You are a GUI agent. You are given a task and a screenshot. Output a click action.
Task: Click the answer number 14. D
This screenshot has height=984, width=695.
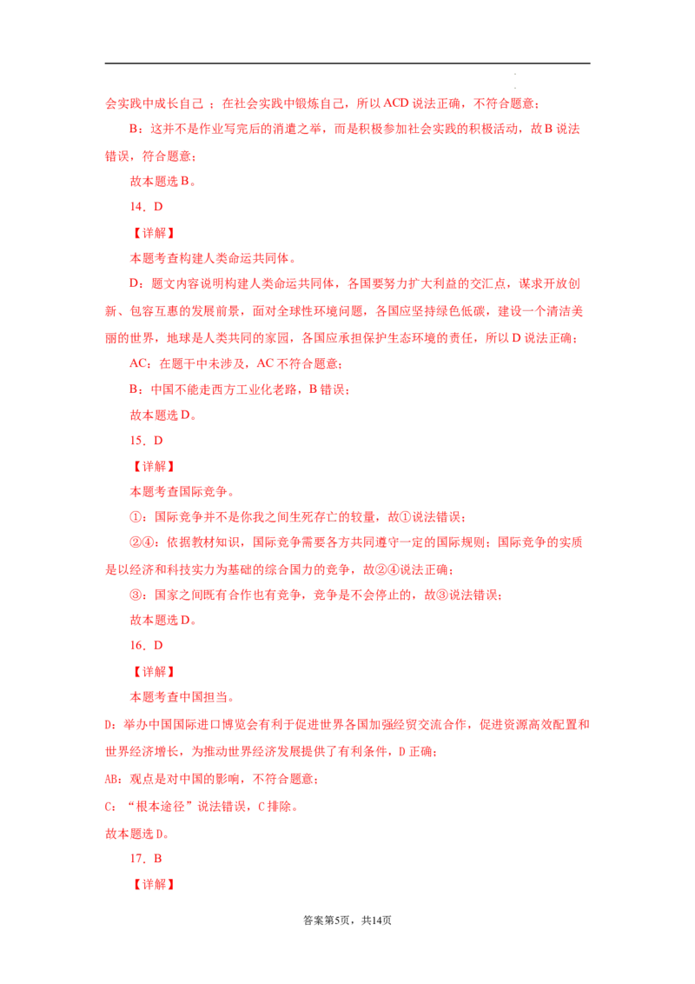click(146, 207)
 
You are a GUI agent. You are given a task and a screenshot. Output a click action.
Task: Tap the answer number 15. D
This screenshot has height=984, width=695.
click(146, 441)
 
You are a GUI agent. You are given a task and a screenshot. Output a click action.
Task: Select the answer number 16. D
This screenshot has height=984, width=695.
click(146, 645)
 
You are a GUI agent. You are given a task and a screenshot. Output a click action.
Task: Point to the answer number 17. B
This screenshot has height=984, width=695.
click(146, 859)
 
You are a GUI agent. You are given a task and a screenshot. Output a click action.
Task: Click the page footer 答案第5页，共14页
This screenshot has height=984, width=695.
click(347, 920)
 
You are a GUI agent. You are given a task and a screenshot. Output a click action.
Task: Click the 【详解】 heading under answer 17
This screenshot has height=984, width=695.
click(154, 884)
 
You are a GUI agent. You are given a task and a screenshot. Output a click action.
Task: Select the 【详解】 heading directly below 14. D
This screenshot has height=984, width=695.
click(154, 233)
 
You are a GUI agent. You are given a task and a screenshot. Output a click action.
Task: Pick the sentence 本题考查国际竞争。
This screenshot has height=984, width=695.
click(182, 492)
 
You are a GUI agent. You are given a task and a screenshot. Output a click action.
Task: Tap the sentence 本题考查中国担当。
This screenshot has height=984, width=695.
click(182, 696)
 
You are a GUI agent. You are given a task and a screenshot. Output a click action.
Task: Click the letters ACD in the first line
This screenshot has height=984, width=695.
click(395, 103)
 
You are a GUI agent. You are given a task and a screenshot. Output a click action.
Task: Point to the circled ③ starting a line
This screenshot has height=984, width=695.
click(136, 595)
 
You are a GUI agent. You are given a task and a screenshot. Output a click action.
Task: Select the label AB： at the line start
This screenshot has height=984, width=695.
click(114, 780)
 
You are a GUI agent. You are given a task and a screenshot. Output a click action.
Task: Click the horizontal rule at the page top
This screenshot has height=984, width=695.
click(347, 63)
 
